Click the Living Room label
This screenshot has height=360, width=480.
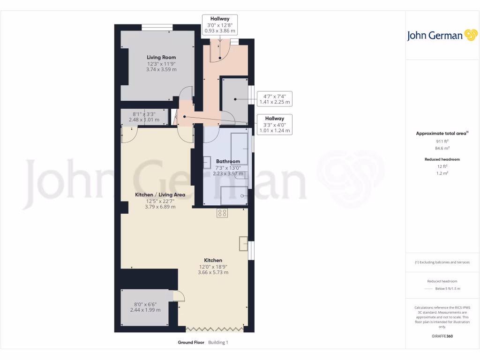click(x=161, y=57)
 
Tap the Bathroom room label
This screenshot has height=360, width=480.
click(x=228, y=161)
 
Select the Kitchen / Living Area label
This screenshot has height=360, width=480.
click(x=160, y=195)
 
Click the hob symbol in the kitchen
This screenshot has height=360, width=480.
click(x=222, y=213)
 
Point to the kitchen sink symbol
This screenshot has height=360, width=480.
click(x=243, y=244)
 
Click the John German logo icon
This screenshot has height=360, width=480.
click(x=470, y=35)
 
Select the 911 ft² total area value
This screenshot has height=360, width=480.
click(x=442, y=141)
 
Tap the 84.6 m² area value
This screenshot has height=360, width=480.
click(x=442, y=148)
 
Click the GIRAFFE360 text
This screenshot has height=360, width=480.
click(x=442, y=336)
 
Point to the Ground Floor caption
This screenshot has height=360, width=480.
click(x=191, y=342)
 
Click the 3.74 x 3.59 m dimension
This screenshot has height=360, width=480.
click(x=161, y=69)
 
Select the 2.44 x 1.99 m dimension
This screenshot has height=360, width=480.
click(x=145, y=310)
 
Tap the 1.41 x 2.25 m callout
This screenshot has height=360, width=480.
click(x=275, y=102)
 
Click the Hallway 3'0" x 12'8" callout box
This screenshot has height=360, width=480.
click(x=219, y=25)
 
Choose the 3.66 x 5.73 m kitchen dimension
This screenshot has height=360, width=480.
click(x=213, y=272)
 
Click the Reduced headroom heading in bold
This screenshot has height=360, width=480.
click(x=442, y=159)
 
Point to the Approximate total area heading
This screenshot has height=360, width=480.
click(x=442, y=134)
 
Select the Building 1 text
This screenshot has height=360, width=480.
click(x=218, y=342)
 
